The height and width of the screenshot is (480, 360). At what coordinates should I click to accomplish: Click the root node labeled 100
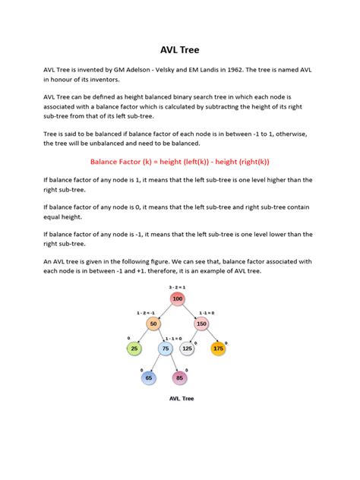(178, 299)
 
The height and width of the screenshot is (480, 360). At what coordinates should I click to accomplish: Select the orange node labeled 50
(153, 324)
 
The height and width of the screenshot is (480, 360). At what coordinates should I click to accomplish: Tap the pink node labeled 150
(201, 324)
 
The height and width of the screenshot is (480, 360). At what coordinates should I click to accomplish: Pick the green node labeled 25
(134, 349)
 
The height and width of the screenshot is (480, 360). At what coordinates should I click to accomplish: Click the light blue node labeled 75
(166, 349)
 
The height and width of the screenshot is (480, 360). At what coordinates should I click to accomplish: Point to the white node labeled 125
(187, 349)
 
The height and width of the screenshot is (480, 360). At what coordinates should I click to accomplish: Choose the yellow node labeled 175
(219, 349)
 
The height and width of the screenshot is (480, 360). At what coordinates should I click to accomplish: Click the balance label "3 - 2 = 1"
(178, 287)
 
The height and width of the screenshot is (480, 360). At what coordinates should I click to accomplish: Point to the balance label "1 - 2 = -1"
(146, 312)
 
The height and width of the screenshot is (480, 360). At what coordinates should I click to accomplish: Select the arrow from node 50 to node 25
(143, 336)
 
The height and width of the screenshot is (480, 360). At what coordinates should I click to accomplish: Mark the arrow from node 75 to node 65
(157, 363)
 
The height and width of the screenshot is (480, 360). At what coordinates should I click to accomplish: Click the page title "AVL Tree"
(180, 50)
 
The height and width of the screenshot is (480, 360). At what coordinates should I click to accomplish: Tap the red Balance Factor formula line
(180, 162)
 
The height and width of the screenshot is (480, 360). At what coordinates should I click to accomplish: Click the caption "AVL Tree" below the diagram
(179, 397)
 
